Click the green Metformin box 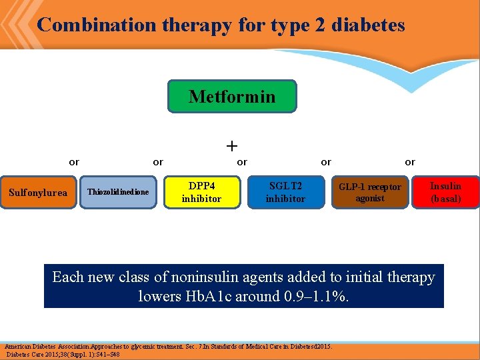click(231, 97)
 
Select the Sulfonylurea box click(38, 193)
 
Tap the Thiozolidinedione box click(118, 192)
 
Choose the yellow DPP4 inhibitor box click(201, 192)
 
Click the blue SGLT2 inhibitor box click(285, 192)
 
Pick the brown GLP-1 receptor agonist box click(369, 192)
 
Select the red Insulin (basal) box click(445, 192)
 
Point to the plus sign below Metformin click(232, 145)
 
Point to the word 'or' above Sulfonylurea click(74, 162)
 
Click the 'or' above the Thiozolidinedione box click(158, 162)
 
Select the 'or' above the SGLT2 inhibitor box click(325, 162)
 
